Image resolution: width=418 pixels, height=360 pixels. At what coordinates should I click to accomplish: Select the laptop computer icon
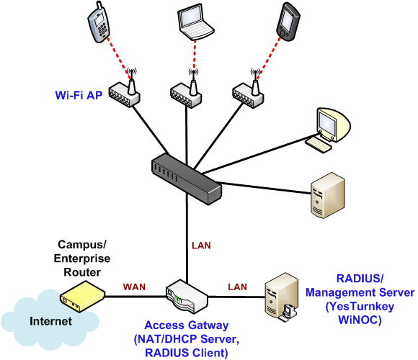tap(196, 22)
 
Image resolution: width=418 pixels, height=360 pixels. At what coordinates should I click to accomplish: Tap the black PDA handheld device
tap(288, 22)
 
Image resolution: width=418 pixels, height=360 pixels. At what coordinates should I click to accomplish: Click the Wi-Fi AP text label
tap(79, 95)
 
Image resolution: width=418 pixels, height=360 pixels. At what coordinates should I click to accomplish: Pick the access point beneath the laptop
tap(186, 92)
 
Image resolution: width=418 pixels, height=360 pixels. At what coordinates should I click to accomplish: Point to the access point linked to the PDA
tap(248, 92)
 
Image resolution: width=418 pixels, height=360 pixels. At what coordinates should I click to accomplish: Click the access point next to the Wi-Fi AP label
tap(124, 91)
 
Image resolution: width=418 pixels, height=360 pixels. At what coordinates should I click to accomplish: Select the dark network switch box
tap(187, 179)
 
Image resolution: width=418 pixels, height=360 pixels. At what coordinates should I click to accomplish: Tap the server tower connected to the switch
tap(328, 195)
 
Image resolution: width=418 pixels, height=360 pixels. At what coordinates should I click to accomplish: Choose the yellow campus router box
tap(82, 297)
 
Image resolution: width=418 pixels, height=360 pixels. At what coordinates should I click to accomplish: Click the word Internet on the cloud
tap(50, 321)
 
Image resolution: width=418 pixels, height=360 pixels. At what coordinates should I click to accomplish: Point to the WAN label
tap(134, 287)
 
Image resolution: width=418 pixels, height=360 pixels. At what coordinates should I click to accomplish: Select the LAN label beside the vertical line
tap(201, 246)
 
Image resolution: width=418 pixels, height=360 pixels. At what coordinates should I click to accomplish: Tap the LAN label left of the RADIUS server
tap(237, 287)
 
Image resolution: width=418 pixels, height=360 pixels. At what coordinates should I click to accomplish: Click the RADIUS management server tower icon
tap(282, 297)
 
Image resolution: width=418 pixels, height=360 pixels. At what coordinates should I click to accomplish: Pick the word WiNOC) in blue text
tap(360, 320)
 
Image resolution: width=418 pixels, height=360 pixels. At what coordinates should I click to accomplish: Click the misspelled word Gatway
tap(213, 325)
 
